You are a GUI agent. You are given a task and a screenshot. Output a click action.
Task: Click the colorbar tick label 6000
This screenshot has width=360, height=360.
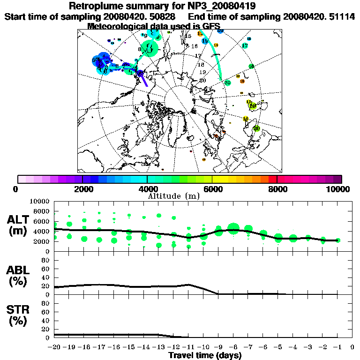coord(212,189)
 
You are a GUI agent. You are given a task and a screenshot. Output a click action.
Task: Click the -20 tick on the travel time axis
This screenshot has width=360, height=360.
coord(54,347)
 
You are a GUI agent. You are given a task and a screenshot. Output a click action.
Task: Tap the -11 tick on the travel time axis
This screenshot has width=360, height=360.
coord(188,347)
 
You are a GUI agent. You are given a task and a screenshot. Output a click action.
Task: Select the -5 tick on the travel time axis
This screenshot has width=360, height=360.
coord(278,347)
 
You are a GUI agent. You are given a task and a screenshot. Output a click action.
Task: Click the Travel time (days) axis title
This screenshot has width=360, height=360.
coord(204,355)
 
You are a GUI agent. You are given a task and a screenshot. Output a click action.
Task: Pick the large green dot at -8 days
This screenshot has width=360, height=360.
coord(233,229)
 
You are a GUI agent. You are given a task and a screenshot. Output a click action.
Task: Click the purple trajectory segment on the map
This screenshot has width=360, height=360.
coord(143,80)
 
